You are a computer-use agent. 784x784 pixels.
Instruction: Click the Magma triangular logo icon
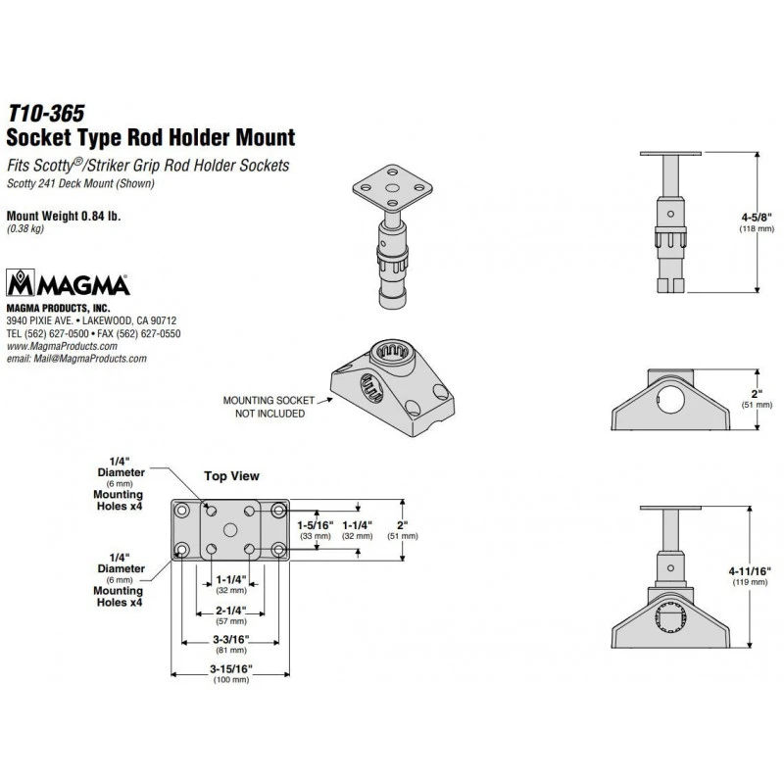tap(20, 285)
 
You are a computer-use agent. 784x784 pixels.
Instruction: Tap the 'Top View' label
tap(231, 476)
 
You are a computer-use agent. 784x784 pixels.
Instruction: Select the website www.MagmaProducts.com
tap(62, 346)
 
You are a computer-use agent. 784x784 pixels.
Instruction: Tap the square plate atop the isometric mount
tap(389, 187)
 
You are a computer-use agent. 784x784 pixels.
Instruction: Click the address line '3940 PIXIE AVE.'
tap(41, 320)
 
